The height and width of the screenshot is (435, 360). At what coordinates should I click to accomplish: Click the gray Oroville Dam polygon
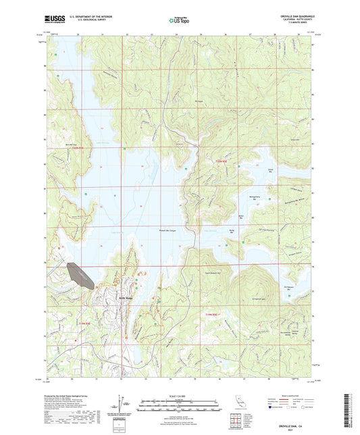point(80,275)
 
